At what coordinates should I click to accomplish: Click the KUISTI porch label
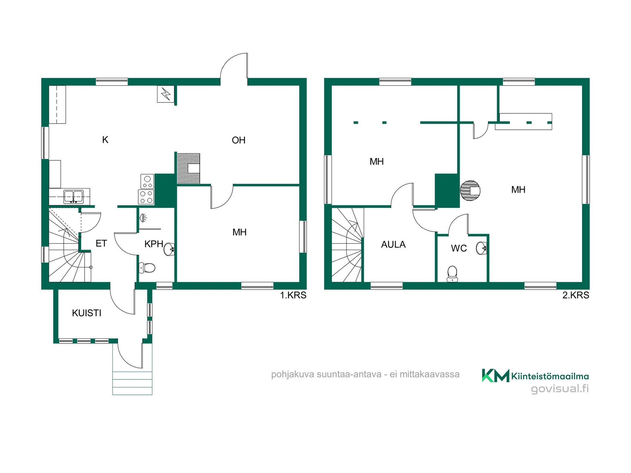(86, 313)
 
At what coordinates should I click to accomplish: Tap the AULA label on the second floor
(393, 244)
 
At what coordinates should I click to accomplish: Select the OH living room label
(239, 140)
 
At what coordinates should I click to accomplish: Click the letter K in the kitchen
(105, 140)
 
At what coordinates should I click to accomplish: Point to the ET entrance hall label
(101, 243)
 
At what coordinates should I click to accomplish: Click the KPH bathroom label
(154, 244)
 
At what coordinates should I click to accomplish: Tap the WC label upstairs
(459, 248)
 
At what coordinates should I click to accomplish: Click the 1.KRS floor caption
(293, 295)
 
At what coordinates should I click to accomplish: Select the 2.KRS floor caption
(576, 295)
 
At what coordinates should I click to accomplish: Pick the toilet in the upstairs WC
(453, 274)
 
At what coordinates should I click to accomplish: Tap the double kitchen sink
(73, 197)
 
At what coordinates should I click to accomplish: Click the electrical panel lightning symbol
(166, 94)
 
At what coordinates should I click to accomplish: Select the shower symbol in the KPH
(143, 218)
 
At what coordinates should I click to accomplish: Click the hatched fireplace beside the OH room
(189, 168)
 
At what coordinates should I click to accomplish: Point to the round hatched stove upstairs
(470, 191)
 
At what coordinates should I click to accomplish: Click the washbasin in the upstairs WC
(481, 248)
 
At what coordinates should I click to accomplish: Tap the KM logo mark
(496, 375)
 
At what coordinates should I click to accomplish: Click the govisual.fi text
(560, 389)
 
